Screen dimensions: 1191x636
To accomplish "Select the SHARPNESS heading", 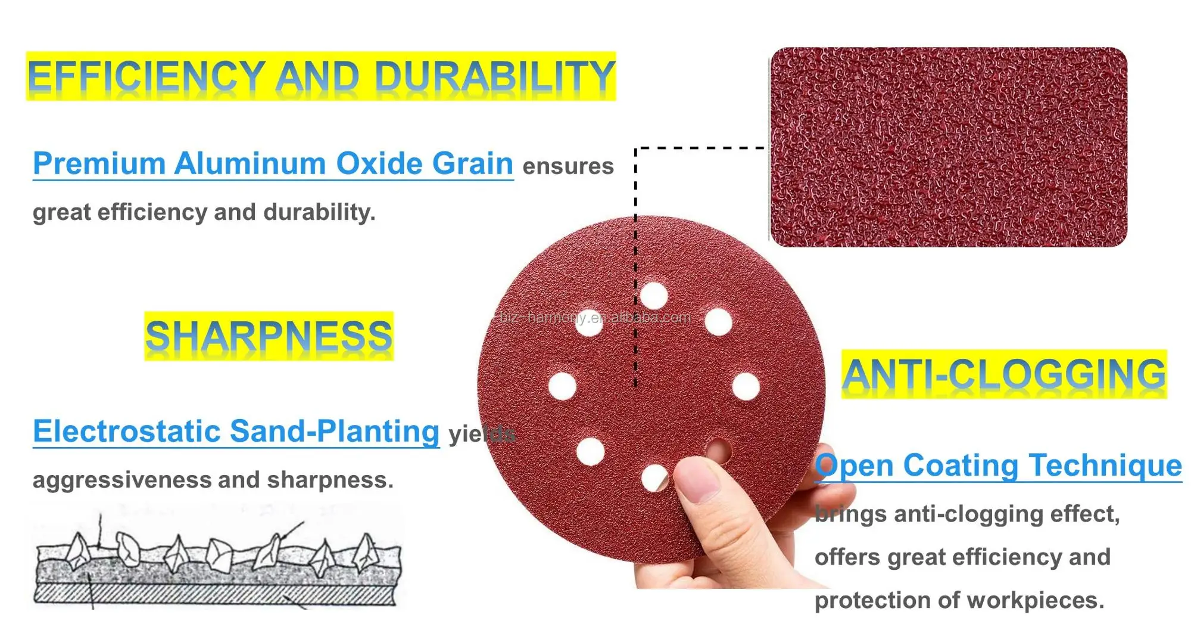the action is pos(269,336).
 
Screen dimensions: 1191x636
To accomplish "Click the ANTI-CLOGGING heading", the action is pos(1004,374).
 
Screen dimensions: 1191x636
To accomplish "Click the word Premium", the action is pos(99,163).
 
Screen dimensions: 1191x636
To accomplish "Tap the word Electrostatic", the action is pos(126,431).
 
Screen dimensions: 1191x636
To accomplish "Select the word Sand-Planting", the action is pos(335,432).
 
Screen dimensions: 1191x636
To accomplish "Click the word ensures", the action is pos(568,166).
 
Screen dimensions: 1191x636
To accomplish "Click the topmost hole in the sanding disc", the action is pos(654,296).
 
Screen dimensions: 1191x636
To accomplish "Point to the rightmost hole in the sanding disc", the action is pos(746,386).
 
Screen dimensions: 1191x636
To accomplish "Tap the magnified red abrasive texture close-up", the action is pos(948,147).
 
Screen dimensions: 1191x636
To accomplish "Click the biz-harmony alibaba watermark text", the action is pos(595,317).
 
